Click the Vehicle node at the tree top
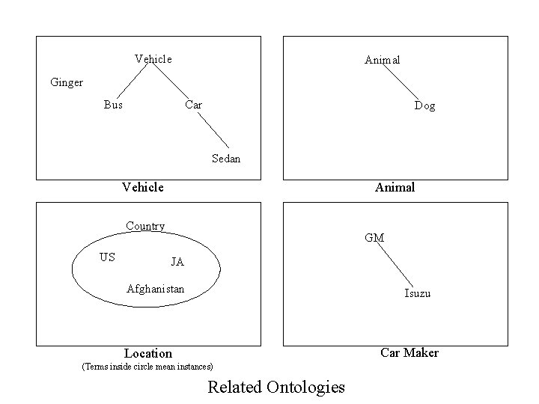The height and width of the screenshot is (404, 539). (x=153, y=58)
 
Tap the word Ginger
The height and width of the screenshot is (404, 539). (x=67, y=82)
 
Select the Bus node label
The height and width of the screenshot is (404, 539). (x=113, y=105)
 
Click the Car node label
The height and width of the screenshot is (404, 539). (x=193, y=105)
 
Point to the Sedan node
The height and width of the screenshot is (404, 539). (x=226, y=159)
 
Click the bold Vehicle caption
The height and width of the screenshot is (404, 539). (x=143, y=187)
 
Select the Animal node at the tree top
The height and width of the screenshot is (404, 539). (x=382, y=59)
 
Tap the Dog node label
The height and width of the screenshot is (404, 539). (x=424, y=106)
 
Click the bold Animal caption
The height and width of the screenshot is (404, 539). (x=395, y=187)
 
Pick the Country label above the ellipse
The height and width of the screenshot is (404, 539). (x=145, y=226)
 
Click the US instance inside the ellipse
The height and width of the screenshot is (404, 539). (x=107, y=257)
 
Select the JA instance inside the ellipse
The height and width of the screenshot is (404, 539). (x=177, y=263)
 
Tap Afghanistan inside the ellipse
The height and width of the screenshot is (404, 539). (x=156, y=288)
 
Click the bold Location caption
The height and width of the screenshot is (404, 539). (x=148, y=353)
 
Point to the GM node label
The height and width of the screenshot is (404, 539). (x=374, y=238)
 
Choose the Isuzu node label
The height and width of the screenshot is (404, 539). (x=418, y=293)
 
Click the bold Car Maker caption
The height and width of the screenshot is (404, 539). (x=409, y=352)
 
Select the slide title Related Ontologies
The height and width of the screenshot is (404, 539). (x=276, y=387)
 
